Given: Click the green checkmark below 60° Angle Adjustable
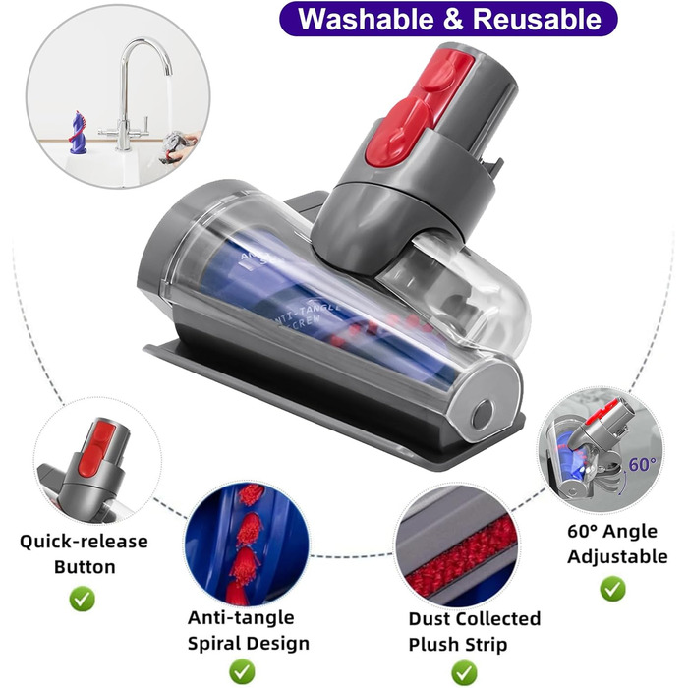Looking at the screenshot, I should coord(612,588).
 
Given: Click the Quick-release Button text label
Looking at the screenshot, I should coord(84,553).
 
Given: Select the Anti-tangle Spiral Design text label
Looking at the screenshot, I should coord(248,630).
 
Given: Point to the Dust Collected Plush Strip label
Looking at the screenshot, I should coord(475,631).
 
